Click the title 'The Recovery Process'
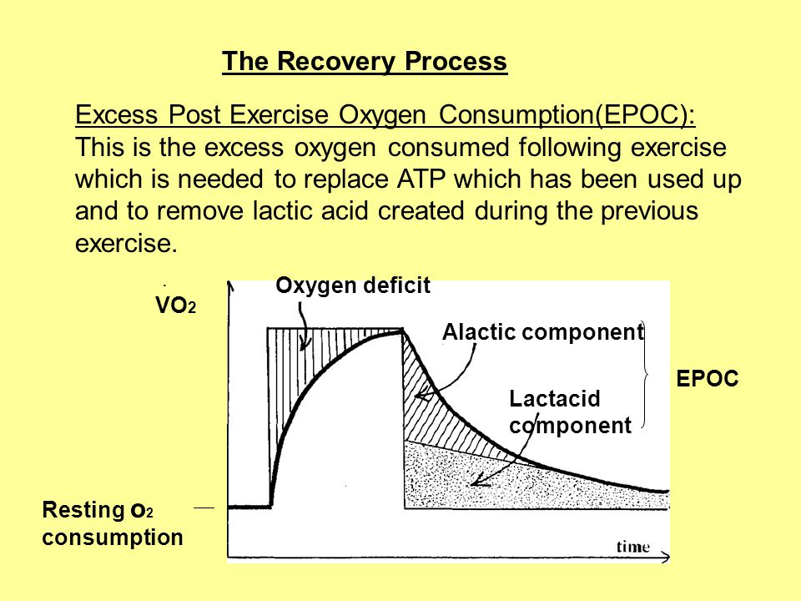(365, 61)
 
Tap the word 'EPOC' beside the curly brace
(708, 379)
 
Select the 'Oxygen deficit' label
(353, 285)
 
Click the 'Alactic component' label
(543, 332)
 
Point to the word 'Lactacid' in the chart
(555, 399)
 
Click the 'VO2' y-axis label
(176, 306)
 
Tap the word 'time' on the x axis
(633, 547)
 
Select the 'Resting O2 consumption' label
(113, 523)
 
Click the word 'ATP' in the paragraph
(421, 179)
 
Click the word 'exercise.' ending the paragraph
(126, 243)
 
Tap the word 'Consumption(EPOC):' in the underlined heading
(567, 115)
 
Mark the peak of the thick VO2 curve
(402, 331)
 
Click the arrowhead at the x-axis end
(665, 557)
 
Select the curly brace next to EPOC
(646, 375)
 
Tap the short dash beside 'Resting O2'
(204, 508)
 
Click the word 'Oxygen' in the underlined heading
(382, 115)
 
